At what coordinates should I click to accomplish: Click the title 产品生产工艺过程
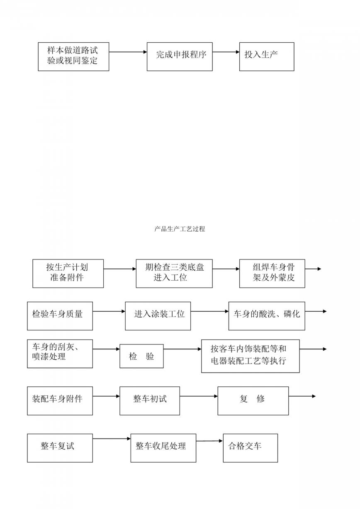pyautogui.click(x=180, y=229)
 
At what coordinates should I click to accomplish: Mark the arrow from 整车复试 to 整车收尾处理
pyautogui.click(x=112, y=439)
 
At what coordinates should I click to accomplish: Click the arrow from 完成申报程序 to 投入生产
pyautogui.click(x=226, y=52)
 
